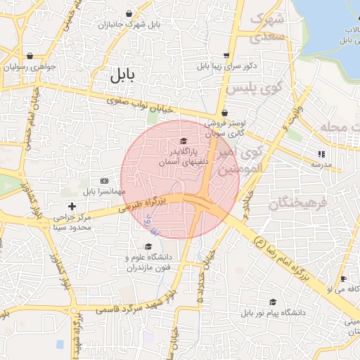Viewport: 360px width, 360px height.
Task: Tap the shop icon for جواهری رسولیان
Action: point(30,56)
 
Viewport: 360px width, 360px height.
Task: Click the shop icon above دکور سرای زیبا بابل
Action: point(225,55)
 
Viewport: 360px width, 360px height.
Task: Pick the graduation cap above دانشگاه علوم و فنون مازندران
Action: point(148,246)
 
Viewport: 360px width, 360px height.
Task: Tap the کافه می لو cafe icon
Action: point(344,279)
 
